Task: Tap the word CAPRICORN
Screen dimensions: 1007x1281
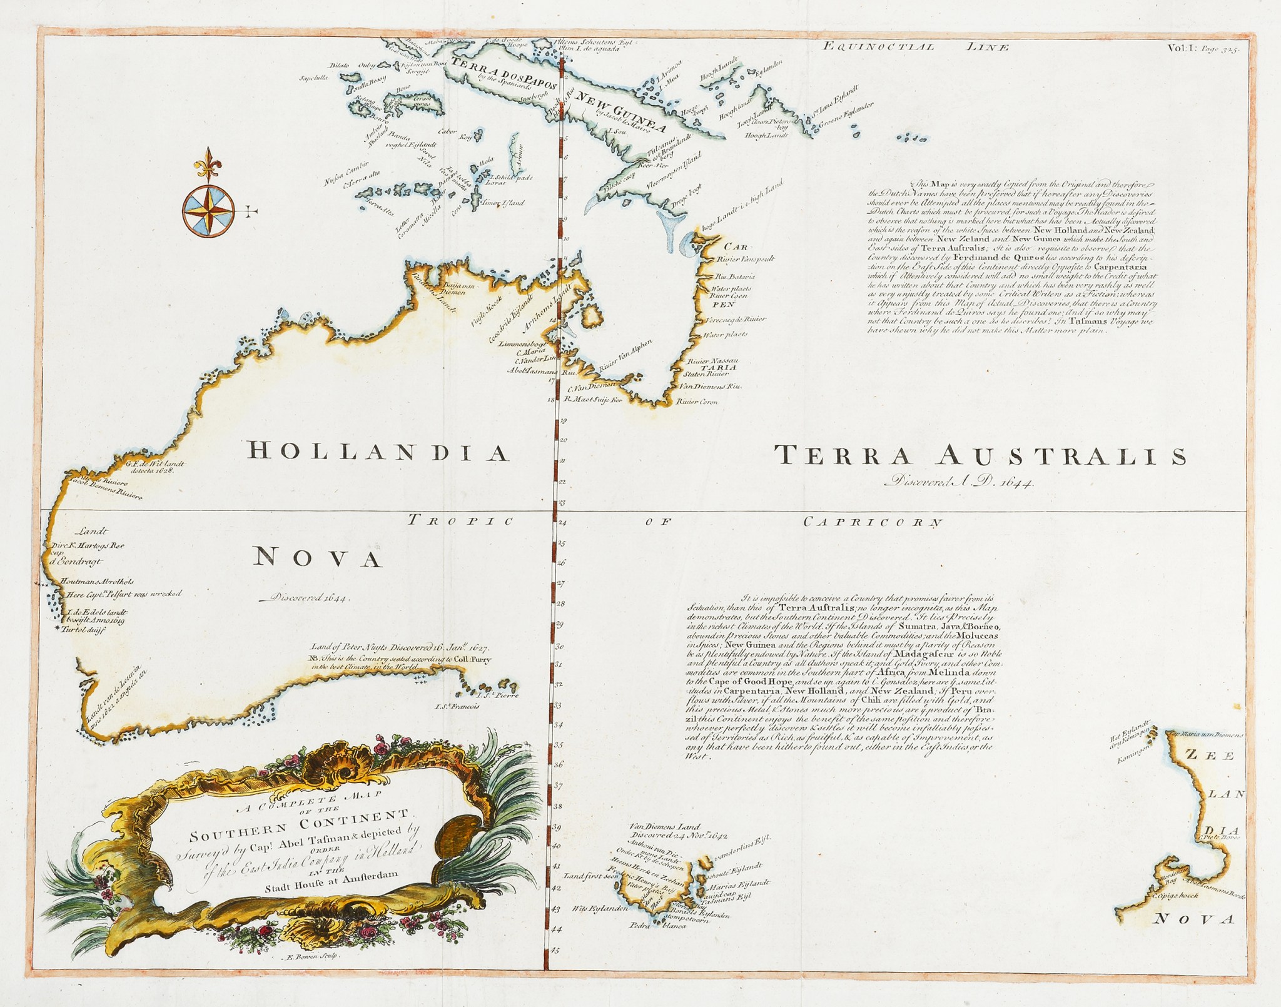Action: coord(873,521)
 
